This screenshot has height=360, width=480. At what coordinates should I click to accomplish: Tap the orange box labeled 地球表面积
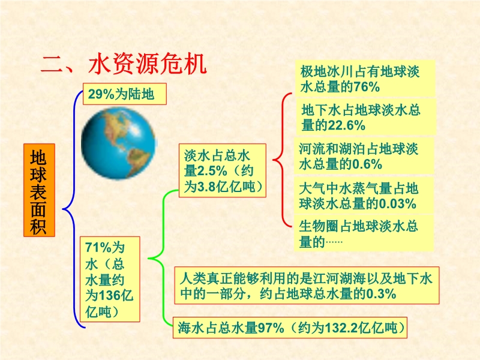tap(39, 190)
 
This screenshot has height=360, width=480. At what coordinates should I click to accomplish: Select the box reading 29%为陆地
tap(125, 94)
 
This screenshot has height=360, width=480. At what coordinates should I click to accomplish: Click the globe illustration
tap(118, 143)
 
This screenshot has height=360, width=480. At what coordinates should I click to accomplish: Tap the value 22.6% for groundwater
tap(346, 125)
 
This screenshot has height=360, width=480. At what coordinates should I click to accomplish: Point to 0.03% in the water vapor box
tap(397, 203)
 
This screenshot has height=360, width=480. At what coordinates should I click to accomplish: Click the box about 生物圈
tap(364, 233)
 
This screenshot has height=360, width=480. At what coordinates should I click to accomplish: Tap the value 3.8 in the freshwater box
tap(206, 187)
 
